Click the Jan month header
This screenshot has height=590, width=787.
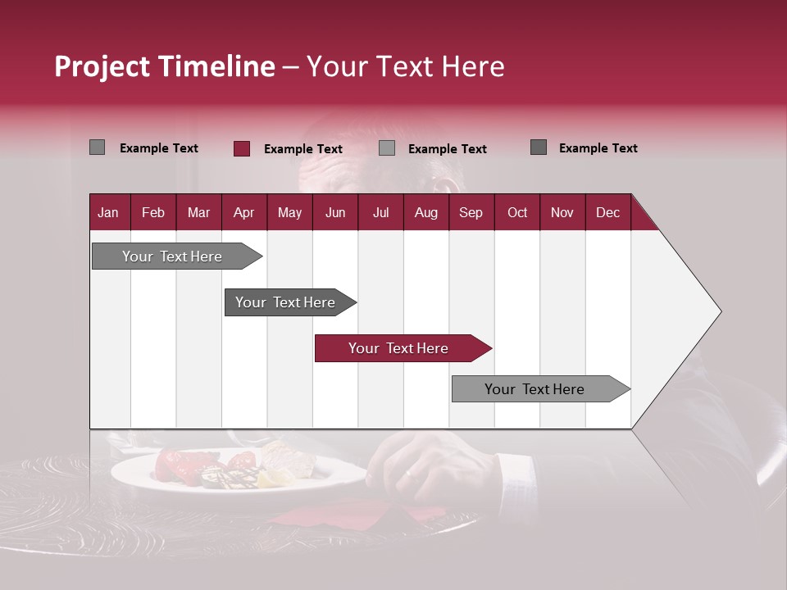click(108, 212)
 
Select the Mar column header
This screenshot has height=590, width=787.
click(198, 212)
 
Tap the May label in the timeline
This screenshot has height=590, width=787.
click(289, 212)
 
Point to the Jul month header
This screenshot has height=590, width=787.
click(380, 212)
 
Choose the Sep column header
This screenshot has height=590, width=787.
click(471, 212)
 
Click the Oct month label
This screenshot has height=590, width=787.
click(517, 212)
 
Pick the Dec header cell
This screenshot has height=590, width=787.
click(607, 212)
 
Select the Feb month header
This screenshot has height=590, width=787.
click(153, 212)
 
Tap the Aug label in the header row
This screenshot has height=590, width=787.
click(425, 212)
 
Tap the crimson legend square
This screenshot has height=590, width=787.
click(242, 148)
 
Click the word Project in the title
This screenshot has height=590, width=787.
click(103, 66)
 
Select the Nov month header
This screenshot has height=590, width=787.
click(562, 212)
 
